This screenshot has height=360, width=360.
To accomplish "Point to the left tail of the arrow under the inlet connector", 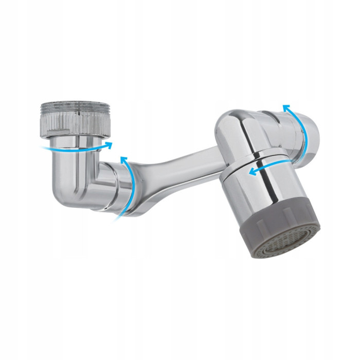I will point(43,148).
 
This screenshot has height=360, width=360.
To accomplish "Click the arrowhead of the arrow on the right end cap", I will point(286,107).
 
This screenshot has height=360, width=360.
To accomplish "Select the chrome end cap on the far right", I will point(309,135).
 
